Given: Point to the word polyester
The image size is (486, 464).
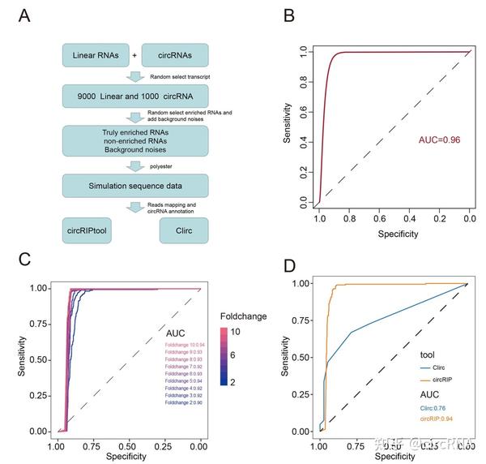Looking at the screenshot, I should [174, 165].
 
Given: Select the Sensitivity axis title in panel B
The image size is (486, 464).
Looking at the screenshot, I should [288, 126].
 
